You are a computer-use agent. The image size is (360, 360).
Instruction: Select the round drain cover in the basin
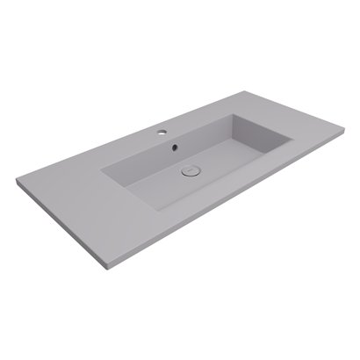(191, 172)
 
